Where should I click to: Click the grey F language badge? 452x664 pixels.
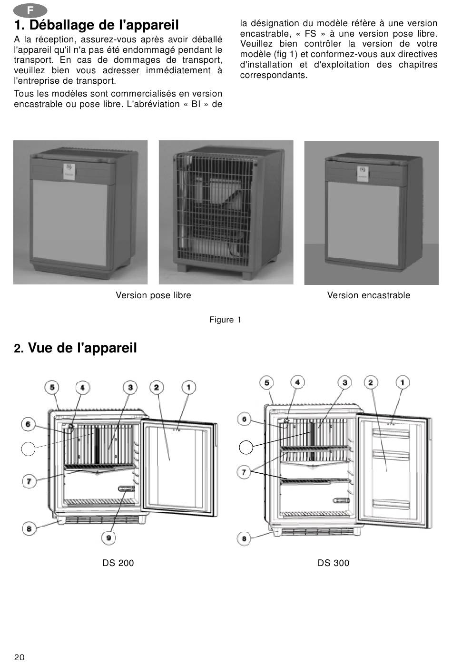coord(30,10)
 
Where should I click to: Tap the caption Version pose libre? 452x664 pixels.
coord(153,295)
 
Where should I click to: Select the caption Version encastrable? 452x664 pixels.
coord(369,295)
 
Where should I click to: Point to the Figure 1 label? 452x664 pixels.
coord(225,320)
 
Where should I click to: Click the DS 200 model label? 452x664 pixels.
coord(118,563)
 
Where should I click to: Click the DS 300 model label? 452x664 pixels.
coord(334,563)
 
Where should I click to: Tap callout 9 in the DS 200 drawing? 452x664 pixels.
coord(108,538)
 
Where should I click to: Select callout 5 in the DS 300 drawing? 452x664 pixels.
coord(266,382)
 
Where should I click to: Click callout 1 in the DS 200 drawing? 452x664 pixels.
coord(189,387)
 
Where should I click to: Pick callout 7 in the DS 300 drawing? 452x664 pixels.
coord(244,472)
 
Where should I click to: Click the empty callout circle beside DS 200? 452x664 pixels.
coord(28,449)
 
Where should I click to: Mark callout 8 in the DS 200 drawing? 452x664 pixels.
coord(29,528)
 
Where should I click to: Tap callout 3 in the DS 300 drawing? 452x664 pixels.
coord(344,382)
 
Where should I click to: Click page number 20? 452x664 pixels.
coord(20,657)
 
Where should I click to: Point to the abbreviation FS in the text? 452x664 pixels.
coord(311,33)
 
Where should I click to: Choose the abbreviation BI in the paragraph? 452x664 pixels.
coord(196,104)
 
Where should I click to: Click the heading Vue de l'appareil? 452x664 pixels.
coord(75,348)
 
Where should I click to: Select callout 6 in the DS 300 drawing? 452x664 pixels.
coord(244,419)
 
